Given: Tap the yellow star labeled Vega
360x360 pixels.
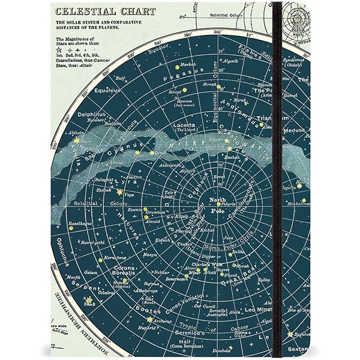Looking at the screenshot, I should coord(119,193).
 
